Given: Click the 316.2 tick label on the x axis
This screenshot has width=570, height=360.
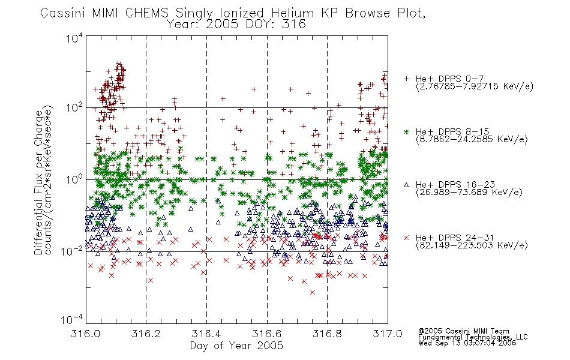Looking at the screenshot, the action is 146,334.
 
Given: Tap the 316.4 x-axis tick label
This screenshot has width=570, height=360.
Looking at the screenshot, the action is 206,334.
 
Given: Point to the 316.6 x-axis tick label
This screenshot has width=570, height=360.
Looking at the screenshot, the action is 267,334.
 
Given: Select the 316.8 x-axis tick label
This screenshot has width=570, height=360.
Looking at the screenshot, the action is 327,334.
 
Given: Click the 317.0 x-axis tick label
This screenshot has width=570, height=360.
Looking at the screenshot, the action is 388,334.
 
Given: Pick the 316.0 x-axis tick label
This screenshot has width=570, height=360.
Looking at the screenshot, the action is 85,334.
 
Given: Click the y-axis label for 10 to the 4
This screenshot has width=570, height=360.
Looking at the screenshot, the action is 74,38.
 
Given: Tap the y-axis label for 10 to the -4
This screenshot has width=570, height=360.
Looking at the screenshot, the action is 72,319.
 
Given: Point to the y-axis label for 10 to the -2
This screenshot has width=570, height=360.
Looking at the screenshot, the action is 72,250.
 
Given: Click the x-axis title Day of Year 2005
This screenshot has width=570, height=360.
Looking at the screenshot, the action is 236,346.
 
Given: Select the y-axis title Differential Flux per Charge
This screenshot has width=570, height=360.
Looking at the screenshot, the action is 38,182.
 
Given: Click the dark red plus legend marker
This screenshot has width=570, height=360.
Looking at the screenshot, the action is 406,79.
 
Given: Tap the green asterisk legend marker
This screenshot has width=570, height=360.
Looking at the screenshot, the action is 406,131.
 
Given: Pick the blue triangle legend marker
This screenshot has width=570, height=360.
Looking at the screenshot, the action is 406,185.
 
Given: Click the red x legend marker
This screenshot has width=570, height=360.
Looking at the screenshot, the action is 406,238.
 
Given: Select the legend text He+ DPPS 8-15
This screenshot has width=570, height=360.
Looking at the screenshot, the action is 452,131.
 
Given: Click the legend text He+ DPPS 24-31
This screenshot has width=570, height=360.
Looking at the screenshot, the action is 455,238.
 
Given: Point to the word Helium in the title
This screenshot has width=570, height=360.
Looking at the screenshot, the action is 292,13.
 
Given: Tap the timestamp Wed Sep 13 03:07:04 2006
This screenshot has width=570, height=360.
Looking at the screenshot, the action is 467,343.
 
